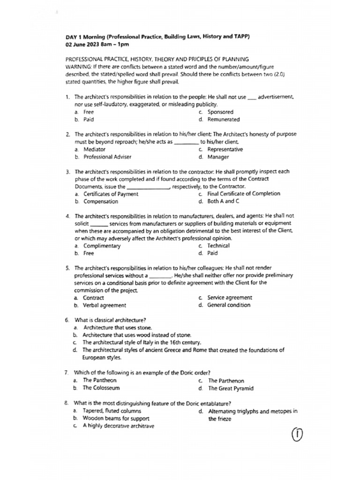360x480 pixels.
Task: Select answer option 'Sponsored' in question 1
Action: pos(220,112)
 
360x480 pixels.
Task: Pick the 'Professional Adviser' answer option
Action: pos(107,157)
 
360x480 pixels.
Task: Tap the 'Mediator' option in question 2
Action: pos(94,150)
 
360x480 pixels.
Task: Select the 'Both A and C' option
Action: pos(223,202)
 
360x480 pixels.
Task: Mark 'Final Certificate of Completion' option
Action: pos(244,194)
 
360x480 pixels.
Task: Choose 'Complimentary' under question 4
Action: pos(102,246)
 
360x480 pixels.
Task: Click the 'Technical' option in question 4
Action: pos(218,246)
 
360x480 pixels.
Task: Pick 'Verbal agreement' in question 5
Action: pos(104,305)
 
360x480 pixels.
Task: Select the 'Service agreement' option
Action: pos(229,298)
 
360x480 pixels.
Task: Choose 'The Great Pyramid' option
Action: pos(231,389)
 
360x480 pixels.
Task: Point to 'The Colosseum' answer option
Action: pos(101,388)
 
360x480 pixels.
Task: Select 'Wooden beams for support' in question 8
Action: pos(116,418)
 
